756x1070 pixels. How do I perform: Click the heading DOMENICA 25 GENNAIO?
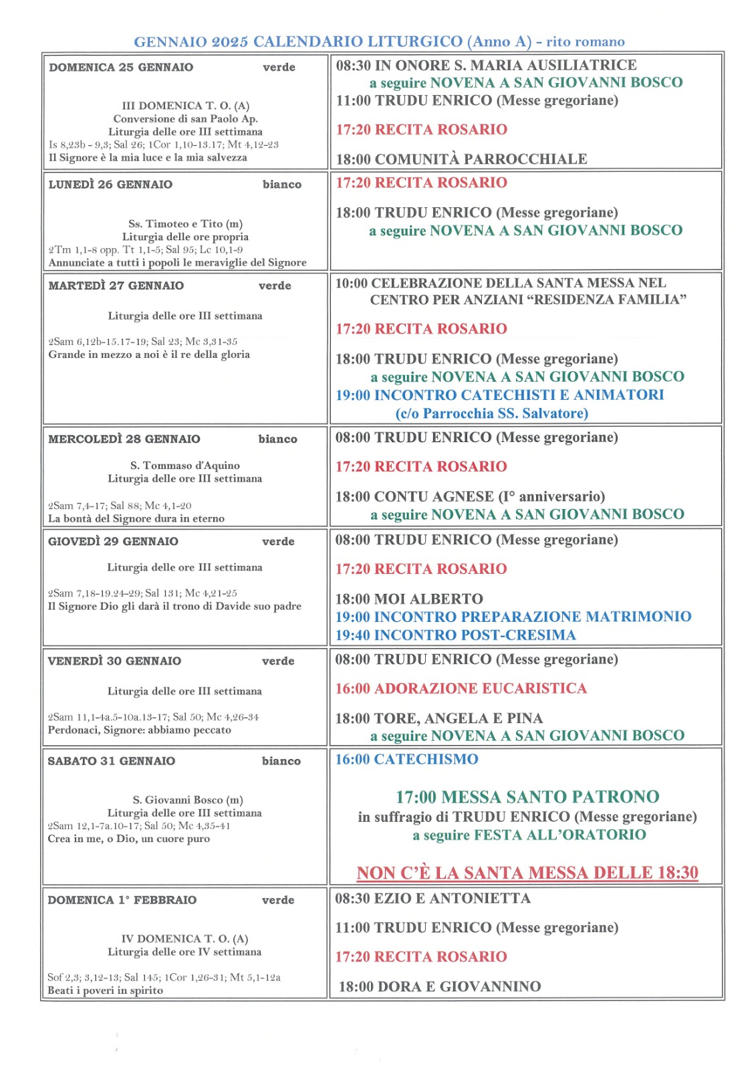click(121, 67)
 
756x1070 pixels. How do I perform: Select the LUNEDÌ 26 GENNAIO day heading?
click(110, 185)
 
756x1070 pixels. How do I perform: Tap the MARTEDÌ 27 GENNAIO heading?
click(116, 286)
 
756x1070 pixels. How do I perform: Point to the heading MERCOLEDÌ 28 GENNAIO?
click(124, 439)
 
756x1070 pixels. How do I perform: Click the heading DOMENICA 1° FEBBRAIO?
click(122, 900)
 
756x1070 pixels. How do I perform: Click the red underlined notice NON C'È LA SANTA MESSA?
click(527, 873)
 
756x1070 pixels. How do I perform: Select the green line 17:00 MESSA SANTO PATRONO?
click(527, 797)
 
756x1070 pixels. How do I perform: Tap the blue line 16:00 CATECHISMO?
click(406, 760)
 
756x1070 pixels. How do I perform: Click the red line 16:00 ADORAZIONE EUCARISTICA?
click(461, 689)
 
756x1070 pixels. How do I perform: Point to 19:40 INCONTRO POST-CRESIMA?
click(455, 635)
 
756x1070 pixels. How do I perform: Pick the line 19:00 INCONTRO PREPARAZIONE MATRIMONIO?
click(513, 617)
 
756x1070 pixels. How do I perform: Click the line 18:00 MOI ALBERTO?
click(409, 599)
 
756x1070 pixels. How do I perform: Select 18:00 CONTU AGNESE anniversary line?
click(470, 497)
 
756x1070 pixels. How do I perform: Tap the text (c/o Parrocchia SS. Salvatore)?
click(491, 413)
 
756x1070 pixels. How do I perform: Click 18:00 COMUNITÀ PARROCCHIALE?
click(461, 159)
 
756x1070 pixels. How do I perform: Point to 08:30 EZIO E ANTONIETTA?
click(432, 899)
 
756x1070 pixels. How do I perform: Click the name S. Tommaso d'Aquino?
click(184, 465)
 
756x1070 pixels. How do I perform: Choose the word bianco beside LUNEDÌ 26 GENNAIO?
click(281, 185)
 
